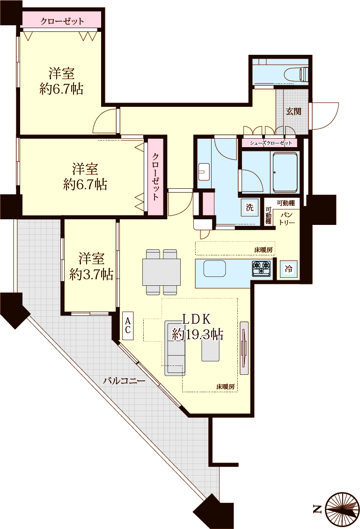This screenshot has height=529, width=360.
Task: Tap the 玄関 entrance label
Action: click(293, 111)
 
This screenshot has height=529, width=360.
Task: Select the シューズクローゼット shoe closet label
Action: click(271, 143)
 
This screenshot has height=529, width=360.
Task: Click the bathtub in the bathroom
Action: click(285, 173)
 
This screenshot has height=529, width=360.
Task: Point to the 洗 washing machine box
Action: click(250, 207)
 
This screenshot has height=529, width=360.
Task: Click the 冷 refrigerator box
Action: click(288, 269)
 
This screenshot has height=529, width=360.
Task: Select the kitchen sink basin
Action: click(214, 268)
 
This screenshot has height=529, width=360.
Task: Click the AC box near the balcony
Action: click(128, 325)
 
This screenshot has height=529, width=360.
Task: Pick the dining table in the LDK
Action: click(162, 272)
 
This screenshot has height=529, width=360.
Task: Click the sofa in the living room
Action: click(175, 348)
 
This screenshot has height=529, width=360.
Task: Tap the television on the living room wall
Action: click(244, 348)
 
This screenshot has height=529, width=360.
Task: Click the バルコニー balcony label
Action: click(124, 381)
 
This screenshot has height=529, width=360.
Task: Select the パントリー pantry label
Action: click(287, 218)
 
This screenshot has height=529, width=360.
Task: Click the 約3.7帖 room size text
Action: click(91, 275)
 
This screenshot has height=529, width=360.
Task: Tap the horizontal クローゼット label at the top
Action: click(62, 21)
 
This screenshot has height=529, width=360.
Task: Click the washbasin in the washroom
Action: click(204, 172)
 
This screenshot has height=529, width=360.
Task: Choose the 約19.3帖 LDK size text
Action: click(197, 335)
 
